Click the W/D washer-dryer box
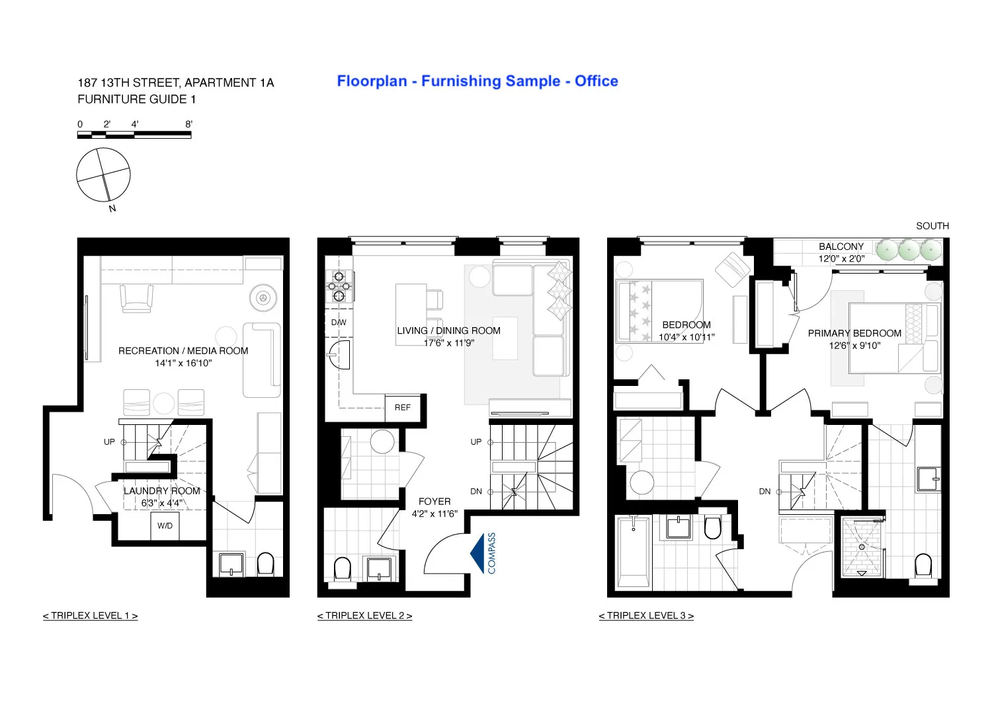(x=165, y=526)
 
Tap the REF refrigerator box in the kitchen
(x=402, y=408)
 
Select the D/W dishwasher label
(x=339, y=323)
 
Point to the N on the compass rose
(x=112, y=208)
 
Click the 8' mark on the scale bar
(x=188, y=124)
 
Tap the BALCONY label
(x=841, y=247)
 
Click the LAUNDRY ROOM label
(x=162, y=491)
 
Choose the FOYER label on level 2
(x=434, y=502)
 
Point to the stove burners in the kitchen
(x=339, y=286)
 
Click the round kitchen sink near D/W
(x=340, y=355)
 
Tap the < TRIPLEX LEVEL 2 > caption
(x=364, y=616)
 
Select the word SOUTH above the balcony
(x=932, y=226)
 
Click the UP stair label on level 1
(x=109, y=442)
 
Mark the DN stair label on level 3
(x=765, y=492)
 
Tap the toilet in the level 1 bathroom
(x=265, y=564)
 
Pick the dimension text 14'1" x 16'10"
(x=183, y=363)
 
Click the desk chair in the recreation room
(x=137, y=298)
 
